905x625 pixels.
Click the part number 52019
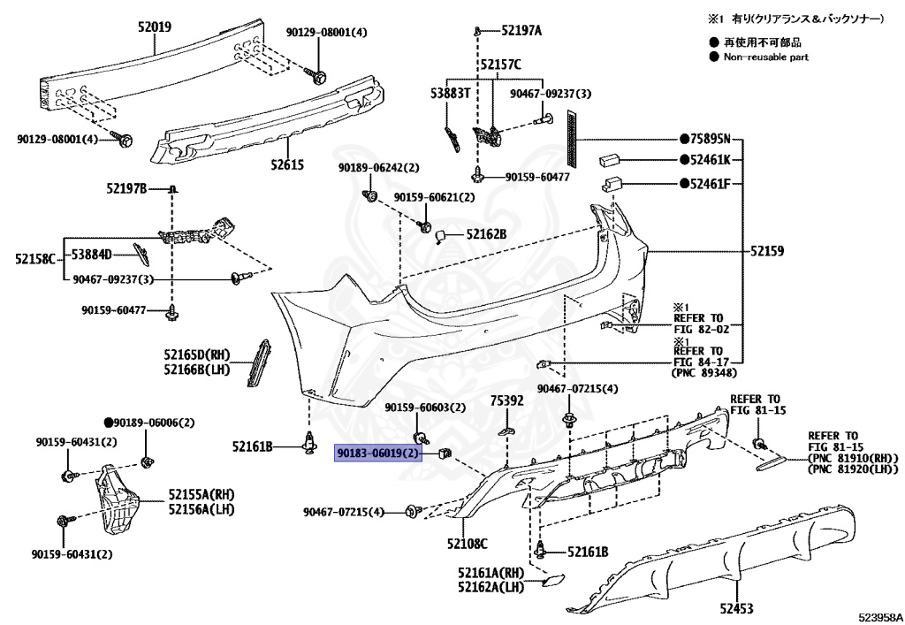pyautogui.click(x=154, y=27)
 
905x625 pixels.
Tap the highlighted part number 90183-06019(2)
pyautogui.click(x=377, y=454)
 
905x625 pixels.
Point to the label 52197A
pyautogui.click(x=521, y=31)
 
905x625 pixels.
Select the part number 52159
pyautogui.click(x=767, y=251)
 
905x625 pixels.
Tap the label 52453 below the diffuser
pyautogui.click(x=737, y=608)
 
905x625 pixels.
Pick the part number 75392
pyautogui.click(x=507, y=400)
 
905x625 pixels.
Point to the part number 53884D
pyautogui.click(x=92, y=255)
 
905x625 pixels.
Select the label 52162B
pyautogui.click(x=486, y=234)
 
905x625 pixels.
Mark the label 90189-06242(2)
pyautogui.click(x=378, y=168)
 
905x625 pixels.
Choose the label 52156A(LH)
pyautogui.click(x=202, y=510)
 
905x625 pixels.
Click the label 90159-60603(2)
pyautogui.click(x=424, y=408)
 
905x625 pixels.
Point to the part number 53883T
pyautogui.click(x=450, y=92)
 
